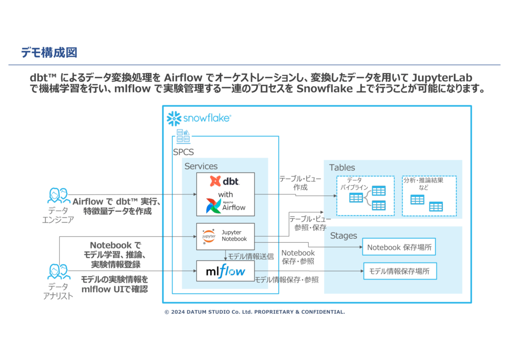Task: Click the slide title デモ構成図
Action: tap(49, 52)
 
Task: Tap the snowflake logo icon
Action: tap(173, 118)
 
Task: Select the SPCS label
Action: tap(183, 152)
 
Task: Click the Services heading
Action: tap(201, 167)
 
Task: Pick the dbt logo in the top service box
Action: tap(225, 181)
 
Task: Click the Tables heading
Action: tap(342, 168)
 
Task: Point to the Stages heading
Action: tap(343, 236)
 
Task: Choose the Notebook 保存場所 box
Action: tap(399, 247)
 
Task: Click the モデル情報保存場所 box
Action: tap(400, 271)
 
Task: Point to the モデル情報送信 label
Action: tap(251, 257)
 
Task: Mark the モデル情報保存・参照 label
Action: tap(286, 280)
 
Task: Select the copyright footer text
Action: tap(254, 312)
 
